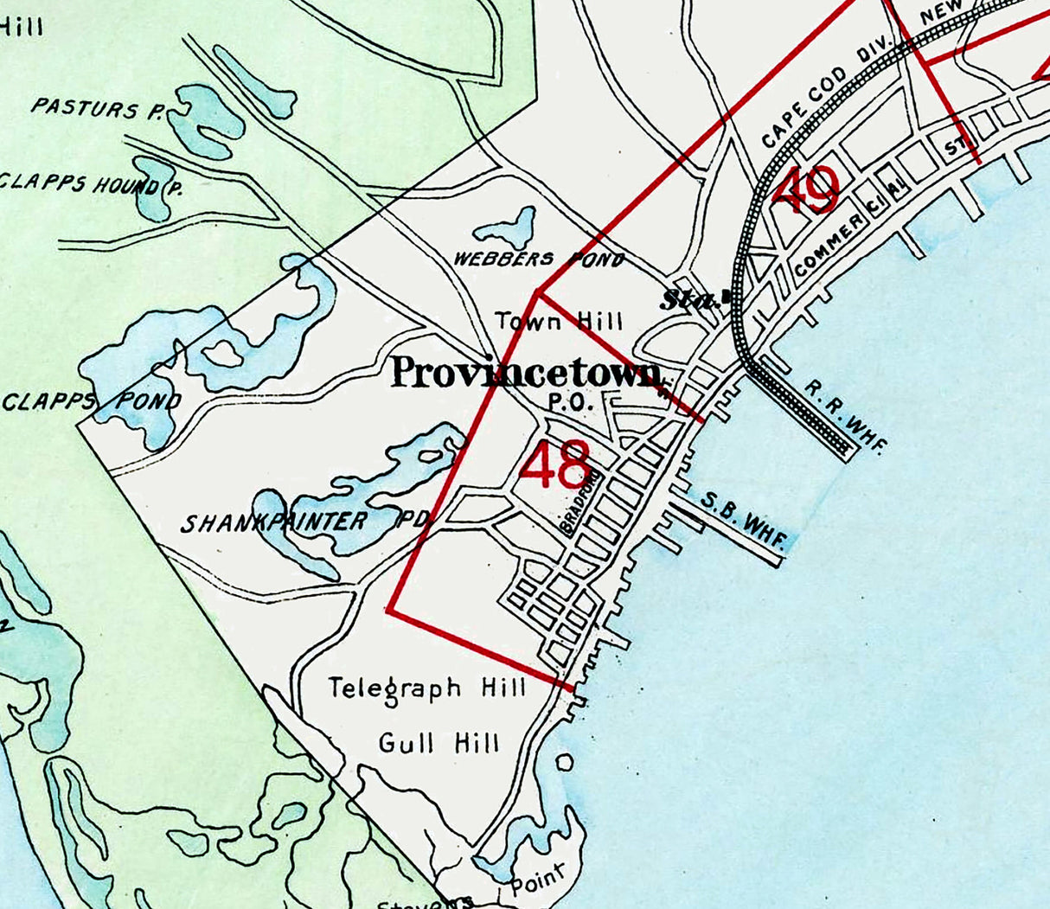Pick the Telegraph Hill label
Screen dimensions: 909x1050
tap(427, 688)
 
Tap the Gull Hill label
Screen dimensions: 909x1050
tap(439, 742)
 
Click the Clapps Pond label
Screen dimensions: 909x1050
tap(93, 401)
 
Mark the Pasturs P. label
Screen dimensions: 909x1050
tap(97, 108)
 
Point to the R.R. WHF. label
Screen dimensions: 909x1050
tap(846, 416)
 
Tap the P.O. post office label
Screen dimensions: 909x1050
tap(568, 401)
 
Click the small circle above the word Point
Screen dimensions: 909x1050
tap(564, 763)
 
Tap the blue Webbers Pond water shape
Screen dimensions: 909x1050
tap(506, 228)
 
